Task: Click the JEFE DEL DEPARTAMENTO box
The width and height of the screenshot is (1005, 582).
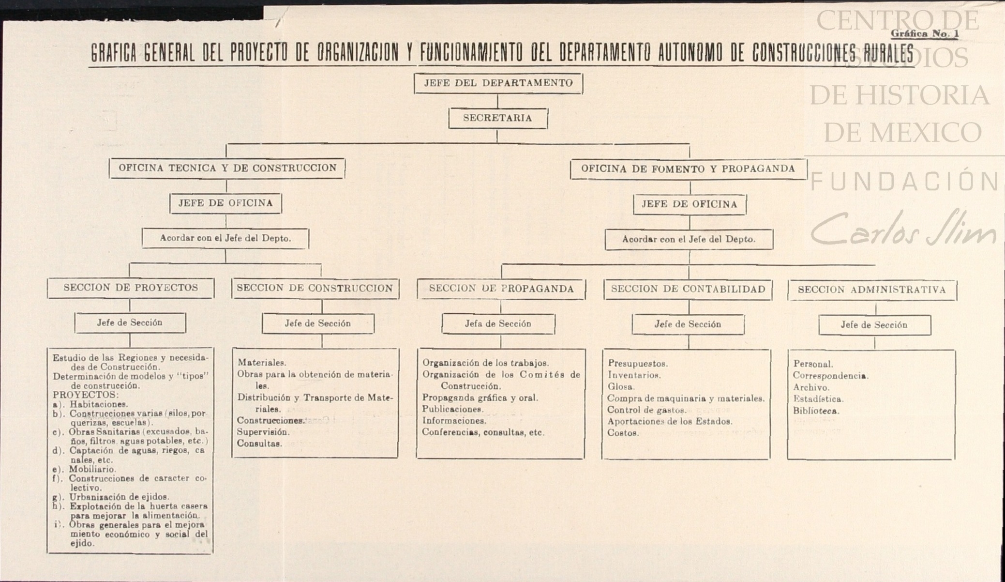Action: [498, 83]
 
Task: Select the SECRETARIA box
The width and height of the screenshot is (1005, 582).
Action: [498, 118]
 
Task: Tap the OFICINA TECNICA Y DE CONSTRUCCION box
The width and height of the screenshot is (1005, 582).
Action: [227, 168]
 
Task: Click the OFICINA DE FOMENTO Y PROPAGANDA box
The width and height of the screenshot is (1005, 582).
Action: [688, 169]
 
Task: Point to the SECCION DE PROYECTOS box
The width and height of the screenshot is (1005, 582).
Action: [131, 288]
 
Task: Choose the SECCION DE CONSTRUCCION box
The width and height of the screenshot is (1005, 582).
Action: [315, 289]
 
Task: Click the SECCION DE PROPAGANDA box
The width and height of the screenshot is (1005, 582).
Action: [501, 289]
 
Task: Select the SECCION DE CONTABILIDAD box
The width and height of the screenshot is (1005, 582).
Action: [688, 290]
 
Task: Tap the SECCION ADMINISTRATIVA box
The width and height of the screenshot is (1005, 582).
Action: [871, 290]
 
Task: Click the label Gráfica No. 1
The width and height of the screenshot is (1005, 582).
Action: [924, 34]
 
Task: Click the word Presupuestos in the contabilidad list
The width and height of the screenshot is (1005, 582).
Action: [638, 364]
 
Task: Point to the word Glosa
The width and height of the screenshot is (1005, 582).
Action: [621, 387]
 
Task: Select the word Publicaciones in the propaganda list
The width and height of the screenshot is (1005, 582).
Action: [452, 410]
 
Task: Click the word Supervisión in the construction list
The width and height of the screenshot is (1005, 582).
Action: [263, 432]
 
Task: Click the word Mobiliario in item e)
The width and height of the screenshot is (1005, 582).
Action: [92, 469]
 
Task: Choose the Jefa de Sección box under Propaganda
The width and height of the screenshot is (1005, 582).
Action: [498, 324]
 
